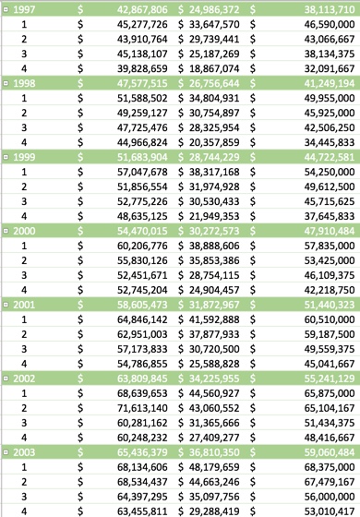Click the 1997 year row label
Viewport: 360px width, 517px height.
[x=24, y=9]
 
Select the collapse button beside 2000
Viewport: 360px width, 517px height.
[x=6, y=231]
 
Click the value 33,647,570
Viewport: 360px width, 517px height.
[x=214, y=24]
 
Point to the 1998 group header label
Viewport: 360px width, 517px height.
[x=24, y=83]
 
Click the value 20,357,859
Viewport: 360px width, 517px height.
[x=214, y=142]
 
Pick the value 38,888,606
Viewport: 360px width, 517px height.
[x=214, y=246]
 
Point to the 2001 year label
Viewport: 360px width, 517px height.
[x=24, y=304]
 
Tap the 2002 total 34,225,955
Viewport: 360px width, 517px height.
[x=214, y=378]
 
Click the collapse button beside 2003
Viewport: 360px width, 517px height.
[x=6, y=451]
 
